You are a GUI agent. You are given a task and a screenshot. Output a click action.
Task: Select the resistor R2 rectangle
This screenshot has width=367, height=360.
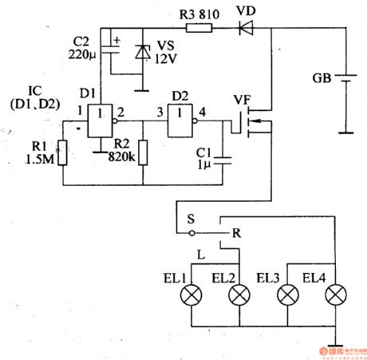(x=144, y=152)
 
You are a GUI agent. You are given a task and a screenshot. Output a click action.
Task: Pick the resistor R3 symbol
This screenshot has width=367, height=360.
(x=198, y=28)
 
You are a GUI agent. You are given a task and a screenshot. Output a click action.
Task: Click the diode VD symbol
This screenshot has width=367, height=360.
(x=243, y=28)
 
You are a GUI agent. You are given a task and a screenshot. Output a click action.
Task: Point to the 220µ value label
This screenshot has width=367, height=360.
(x=81, y=57)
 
